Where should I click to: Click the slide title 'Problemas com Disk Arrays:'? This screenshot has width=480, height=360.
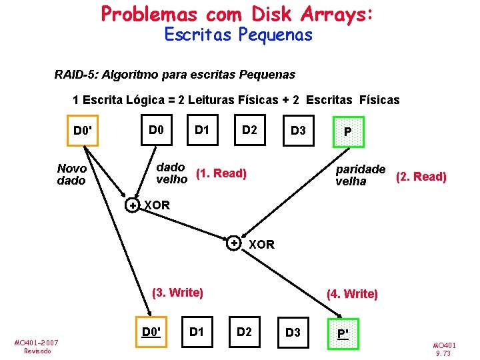coord(237,13)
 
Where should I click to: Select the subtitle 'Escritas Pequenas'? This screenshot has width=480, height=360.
coord(238,35)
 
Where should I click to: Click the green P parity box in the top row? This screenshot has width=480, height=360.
coord(347,131)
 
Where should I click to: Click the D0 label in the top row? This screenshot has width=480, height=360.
coord(156,129)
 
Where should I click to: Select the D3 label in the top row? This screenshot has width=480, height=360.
coord(297,131)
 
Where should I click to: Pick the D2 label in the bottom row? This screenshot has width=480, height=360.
coord(245,331)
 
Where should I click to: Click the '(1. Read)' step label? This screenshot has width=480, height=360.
coord(221,174)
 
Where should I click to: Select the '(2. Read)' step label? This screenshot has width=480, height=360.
coord(421,177)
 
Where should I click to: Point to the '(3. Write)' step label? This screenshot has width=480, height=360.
coord(177,292)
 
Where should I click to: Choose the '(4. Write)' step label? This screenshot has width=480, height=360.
coord(352,294)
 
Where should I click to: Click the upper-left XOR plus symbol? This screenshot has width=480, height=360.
coord(133,206)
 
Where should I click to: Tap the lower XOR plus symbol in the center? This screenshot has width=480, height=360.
coord(234,243)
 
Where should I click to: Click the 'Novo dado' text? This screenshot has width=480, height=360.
coord(72,175)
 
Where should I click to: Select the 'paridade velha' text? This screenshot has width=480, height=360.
coord(360,175)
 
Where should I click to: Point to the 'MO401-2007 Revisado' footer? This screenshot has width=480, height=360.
coord(36,346)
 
